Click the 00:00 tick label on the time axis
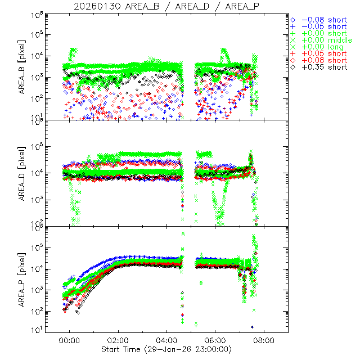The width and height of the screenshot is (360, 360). [x=70, y=340]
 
